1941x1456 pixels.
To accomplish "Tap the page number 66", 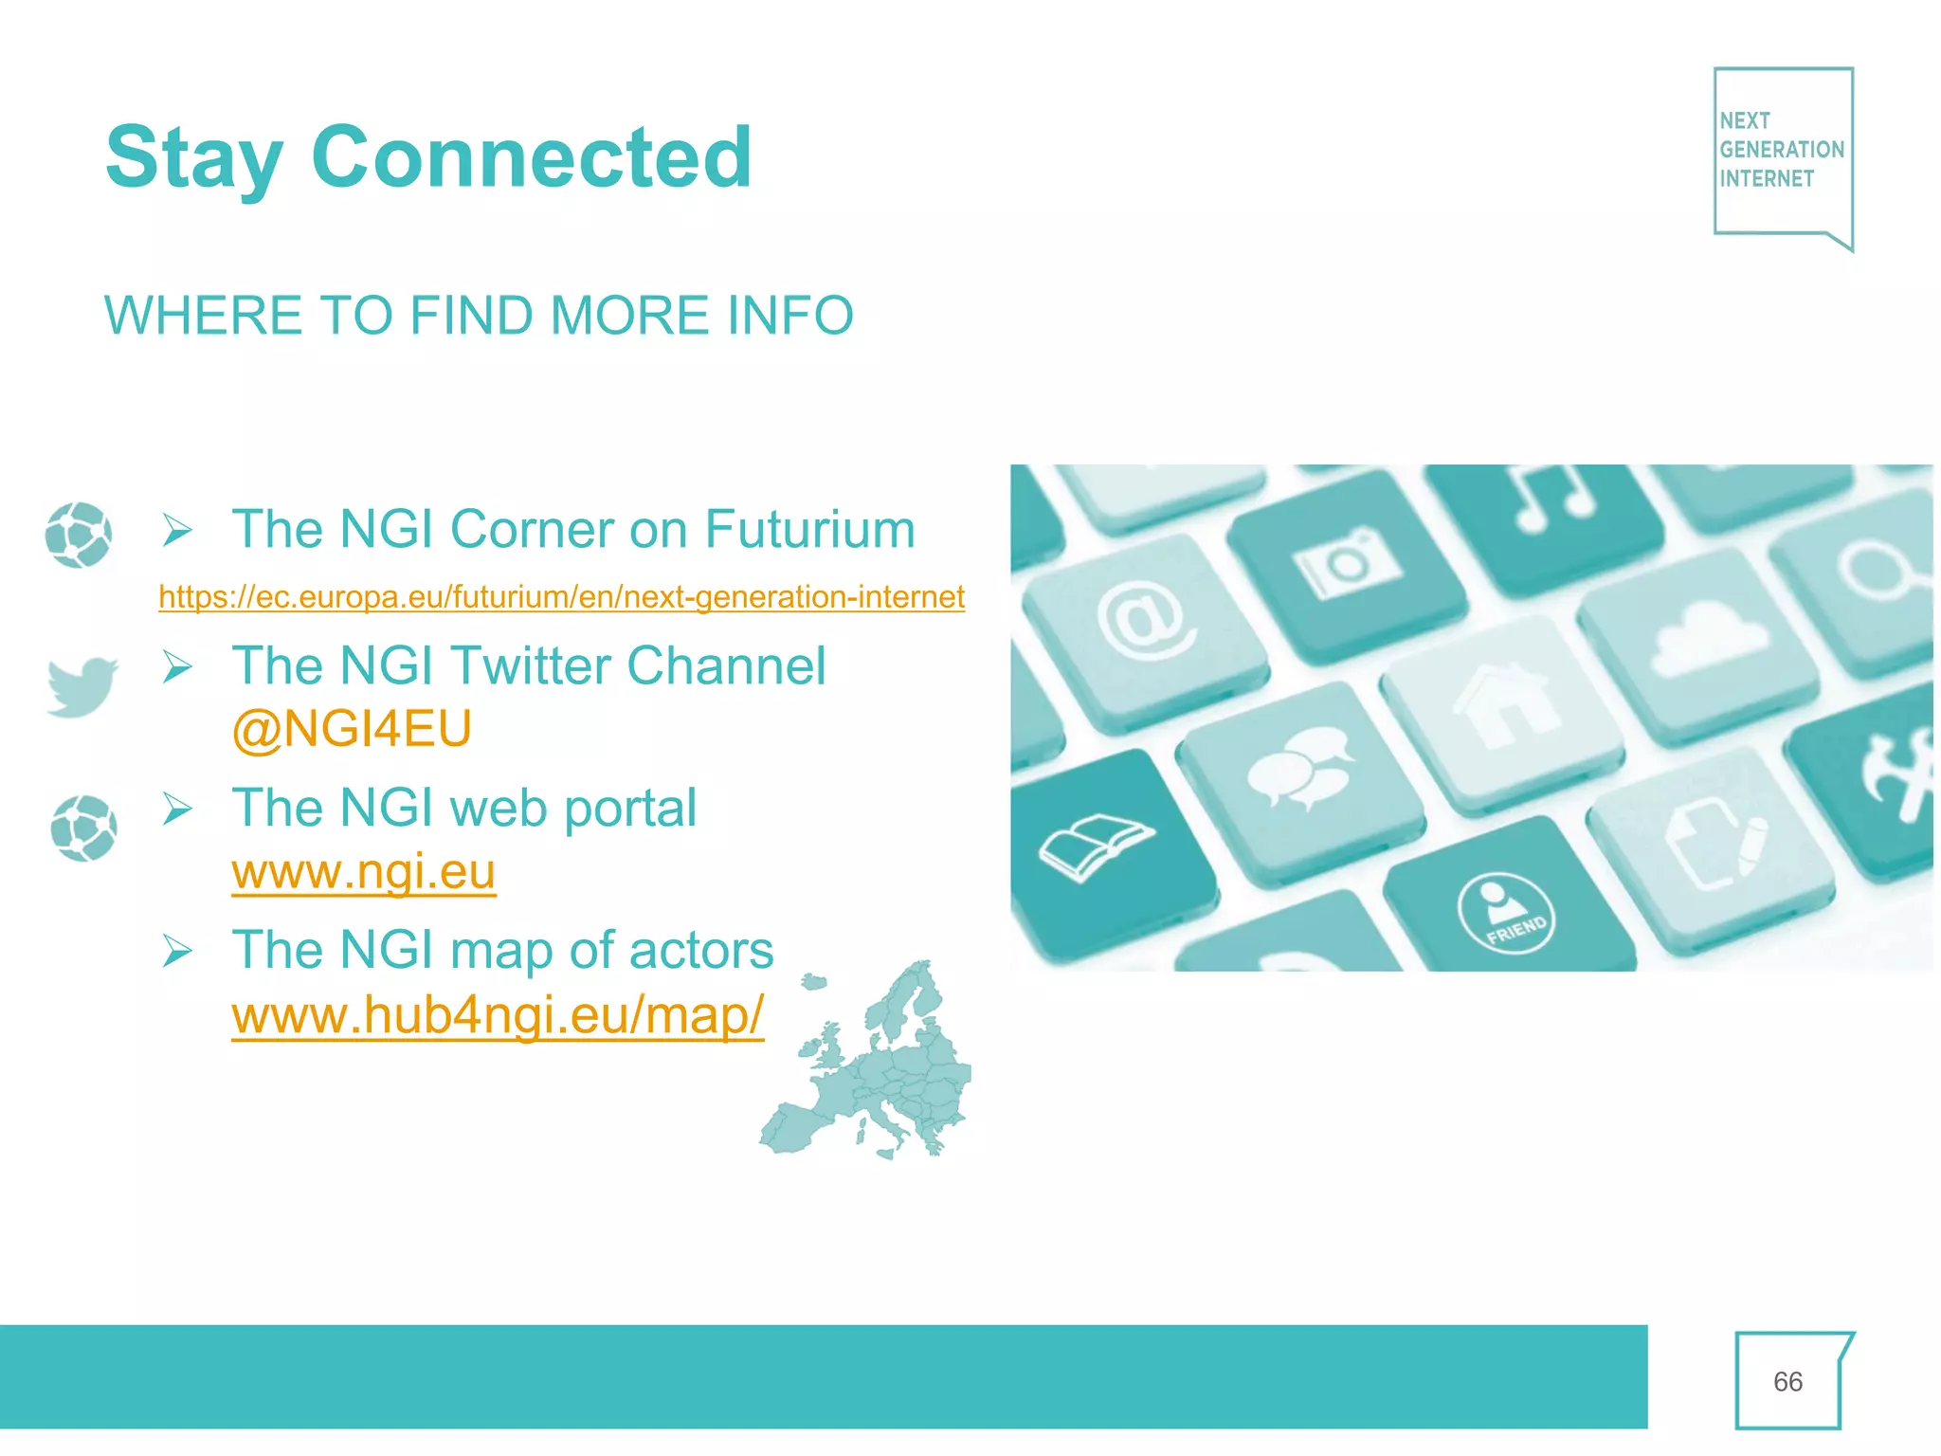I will pos(1787,1382).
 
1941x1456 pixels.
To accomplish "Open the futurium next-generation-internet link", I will pos(561,597).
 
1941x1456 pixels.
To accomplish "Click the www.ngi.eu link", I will pos(364,872).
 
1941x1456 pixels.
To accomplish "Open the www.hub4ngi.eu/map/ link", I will pos(498,1015).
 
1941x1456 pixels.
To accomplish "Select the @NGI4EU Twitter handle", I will pos(352,729).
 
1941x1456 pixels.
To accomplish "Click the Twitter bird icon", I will pos(82,685).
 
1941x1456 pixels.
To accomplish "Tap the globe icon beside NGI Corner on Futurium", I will pos(79,535).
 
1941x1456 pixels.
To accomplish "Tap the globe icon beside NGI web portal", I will pos(84,828).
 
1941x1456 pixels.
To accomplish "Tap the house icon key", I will pos(1507,706).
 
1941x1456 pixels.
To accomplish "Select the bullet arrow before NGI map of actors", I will pos(177,950).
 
